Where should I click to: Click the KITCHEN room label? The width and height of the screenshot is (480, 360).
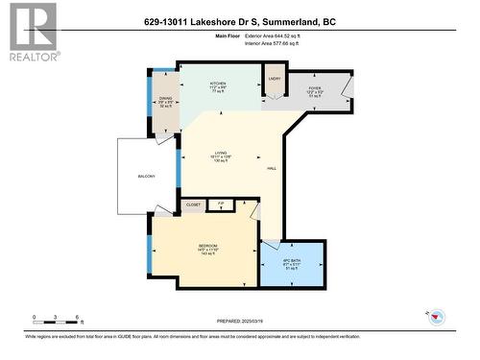click(218, 84)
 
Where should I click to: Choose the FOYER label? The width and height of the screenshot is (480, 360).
click(314, 86)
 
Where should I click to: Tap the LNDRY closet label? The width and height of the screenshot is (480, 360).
click(274, 79)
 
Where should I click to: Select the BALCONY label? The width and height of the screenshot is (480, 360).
click(146, 177)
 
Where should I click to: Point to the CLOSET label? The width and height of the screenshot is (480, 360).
click(193, 204)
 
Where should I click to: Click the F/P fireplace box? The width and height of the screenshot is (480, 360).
click(221, 204)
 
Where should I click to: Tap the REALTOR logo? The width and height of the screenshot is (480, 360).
click(33, 33)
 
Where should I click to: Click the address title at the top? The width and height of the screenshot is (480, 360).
click(239, 22)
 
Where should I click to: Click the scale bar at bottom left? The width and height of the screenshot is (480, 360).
click(58, 319)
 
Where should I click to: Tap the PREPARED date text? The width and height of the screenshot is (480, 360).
click(240, 322)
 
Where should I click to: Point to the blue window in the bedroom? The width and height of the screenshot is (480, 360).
click(149, 252)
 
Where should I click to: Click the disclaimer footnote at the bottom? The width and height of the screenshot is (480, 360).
click(240, 337)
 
